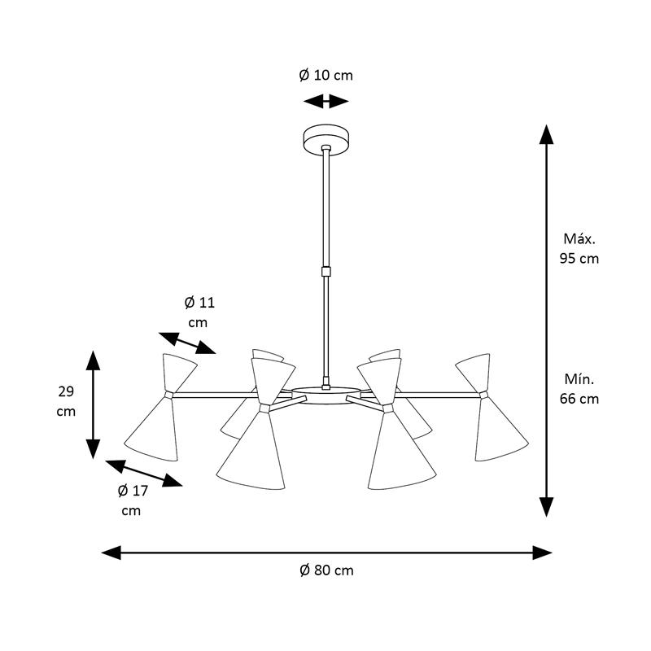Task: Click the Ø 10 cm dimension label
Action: pyautogui.click(x=326, y=75)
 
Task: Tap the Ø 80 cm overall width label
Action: pyautogui.click(x=326, y=570)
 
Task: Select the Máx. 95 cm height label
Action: pyautogui.click(x=579, y=249)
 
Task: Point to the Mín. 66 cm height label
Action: pyautogui.click(x=579, y=389)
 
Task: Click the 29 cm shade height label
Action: pyautogui.click(x=66, y=401)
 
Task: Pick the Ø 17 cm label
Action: pyautogui.click(x=133, y=500)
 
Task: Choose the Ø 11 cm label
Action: pyautogui.click(x=199, y=312)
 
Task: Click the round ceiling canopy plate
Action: pyautogui.click(x=326, y=139)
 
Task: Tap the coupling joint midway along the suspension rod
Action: pyautogui.click(x=326, y=272)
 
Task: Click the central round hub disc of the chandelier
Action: pyautogui.click(x=326, y=395)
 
